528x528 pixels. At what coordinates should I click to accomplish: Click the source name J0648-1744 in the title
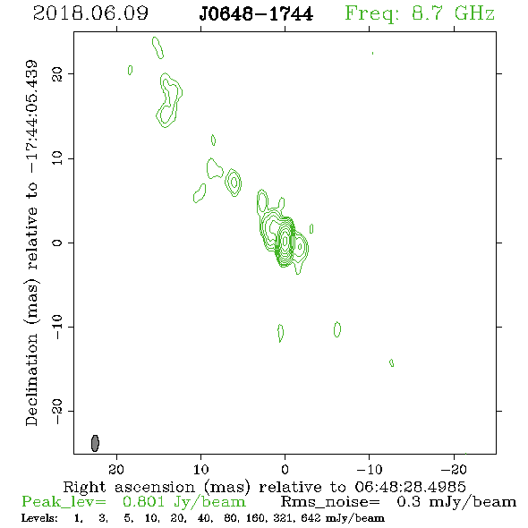click(256, 14)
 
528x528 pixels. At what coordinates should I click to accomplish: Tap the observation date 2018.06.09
click(90, 13)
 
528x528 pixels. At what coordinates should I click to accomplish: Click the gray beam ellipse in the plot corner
click(95, 443)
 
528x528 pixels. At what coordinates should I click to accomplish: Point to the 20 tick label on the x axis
click(116, 469)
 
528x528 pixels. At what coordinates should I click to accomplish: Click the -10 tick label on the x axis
click(369, 469)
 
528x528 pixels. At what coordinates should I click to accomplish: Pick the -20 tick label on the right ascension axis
click(454, 469)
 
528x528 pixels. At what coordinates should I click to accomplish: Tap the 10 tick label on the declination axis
click(57, 158)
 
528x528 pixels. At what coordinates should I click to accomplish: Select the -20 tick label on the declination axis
click(57, 411)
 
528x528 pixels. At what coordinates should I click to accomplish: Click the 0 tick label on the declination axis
click(57, 243)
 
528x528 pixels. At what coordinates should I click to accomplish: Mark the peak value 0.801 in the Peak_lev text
click(143, 502)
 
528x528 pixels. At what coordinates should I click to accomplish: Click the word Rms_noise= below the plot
click(330, 502)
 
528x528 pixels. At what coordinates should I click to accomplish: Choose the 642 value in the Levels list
click(311, 518)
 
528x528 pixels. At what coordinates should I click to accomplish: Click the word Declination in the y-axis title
click(31, 379)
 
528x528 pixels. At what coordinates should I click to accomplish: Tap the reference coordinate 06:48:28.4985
click(410, 487)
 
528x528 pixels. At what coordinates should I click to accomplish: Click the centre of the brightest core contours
click(285, 241)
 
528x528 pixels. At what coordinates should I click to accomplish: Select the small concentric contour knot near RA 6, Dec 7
click(234, 183)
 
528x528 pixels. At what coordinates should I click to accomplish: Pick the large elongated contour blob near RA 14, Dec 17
click(169, 100)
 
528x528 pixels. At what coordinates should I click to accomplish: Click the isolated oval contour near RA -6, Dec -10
click(337, 329)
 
